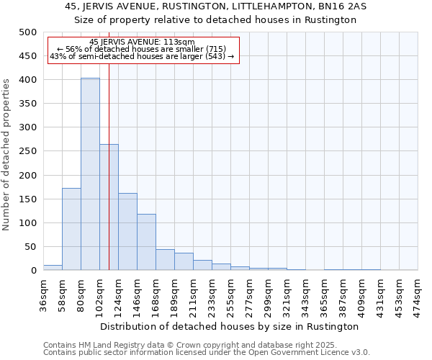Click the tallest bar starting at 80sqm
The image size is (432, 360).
90,174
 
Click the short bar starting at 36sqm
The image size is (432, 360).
53,268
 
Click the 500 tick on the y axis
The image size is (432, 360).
27,32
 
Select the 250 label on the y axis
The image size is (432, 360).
27,151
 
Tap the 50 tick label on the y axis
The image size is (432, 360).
30,247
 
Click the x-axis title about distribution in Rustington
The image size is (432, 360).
230,326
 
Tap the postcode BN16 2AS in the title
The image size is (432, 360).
332,6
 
